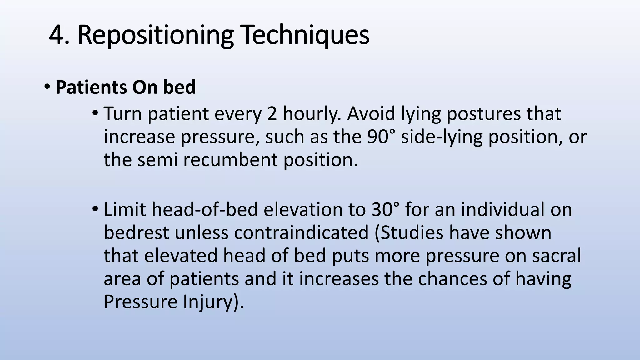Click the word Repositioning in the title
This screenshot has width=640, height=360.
[x=155, y=35]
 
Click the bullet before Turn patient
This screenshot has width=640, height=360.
[x=95, y=113]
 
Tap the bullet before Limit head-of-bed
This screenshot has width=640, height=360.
[x=95, y=209]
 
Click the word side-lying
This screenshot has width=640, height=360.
[x=442, y=137]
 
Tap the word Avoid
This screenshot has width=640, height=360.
[x=371, y=113]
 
